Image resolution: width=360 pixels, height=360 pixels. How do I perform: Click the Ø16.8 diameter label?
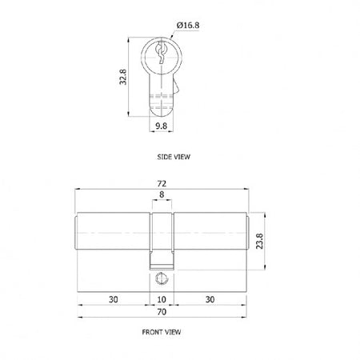pos(188,26)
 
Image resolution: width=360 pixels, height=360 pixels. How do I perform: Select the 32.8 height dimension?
pos(123,77)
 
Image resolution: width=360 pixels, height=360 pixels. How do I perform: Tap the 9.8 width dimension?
pos(162,126)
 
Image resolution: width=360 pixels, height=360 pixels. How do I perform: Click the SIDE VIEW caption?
pos(174,157)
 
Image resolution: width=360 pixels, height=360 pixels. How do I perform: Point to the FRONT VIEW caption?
pos(162,332)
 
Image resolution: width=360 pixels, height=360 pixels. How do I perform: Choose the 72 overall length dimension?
pos(162,183)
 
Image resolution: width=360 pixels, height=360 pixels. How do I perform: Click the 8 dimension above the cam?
pos(162,194)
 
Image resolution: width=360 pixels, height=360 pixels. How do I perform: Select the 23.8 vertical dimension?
pos(259,241)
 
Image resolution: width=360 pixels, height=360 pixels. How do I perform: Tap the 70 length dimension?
pos(162,311)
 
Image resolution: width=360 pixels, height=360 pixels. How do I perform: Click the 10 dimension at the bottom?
pos(162,299)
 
